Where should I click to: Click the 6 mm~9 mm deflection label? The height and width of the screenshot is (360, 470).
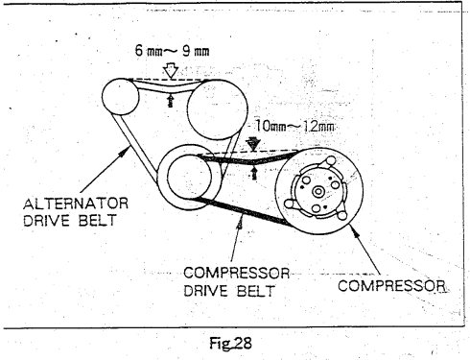coord(172,51)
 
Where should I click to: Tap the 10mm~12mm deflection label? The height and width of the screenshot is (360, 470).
coord(294,126)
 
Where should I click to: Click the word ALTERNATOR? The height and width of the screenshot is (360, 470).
coord(76,204)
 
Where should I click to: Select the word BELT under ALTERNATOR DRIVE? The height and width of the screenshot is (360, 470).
coord(97,221)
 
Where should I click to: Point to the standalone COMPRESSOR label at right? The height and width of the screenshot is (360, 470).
coord(391,285)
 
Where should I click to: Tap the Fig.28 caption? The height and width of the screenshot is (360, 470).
coord(230,344)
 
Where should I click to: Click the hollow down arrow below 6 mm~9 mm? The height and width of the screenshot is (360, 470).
coord(172,71)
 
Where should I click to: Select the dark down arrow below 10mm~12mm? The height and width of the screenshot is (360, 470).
coord(253,144)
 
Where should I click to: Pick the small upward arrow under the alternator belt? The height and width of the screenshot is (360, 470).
coord(171,100)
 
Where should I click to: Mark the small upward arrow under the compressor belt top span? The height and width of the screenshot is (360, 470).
coord(254,172)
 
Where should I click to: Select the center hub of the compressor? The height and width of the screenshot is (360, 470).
coord(318,192)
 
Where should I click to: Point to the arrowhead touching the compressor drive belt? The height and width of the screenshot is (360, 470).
coord(240,223)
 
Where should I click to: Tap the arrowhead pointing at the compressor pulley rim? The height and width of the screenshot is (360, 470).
coord(355,231)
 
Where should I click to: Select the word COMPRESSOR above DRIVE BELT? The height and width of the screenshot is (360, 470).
coord(237,273)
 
